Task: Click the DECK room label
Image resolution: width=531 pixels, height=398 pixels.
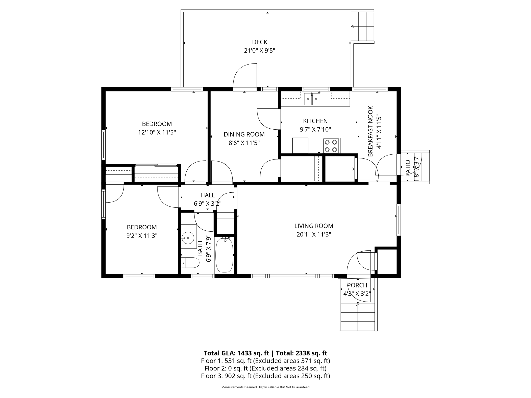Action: coord(260,42)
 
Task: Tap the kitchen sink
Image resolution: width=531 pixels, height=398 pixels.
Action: coord(312,99)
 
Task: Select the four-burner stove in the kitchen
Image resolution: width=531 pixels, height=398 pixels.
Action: coord(331,146)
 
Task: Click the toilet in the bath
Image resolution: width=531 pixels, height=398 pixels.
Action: coord(190,263)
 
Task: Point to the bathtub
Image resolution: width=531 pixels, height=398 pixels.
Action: coord(224,255)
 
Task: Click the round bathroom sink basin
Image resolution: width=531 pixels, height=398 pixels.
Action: coord(188,238)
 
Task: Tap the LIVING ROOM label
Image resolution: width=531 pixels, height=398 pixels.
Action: coord(314,226)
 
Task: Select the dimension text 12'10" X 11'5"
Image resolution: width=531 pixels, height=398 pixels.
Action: coord(157,132)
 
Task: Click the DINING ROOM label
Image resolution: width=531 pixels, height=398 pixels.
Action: coord(244,134)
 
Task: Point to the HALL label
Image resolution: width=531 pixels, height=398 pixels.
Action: coord(208,195)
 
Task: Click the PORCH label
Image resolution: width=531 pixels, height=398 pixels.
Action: coord(357,285)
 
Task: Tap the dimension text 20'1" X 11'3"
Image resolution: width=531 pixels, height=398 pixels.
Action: coord(314,234)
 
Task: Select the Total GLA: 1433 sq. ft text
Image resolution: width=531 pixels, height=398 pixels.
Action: coord(236,353)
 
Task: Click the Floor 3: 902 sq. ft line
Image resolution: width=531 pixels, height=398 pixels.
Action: coord(265,376)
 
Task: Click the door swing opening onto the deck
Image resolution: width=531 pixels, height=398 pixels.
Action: coord(245,76)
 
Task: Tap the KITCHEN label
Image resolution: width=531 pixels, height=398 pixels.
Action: coord(315,121)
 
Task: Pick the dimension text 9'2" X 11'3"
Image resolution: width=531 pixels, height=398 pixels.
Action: coord(142,236)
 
